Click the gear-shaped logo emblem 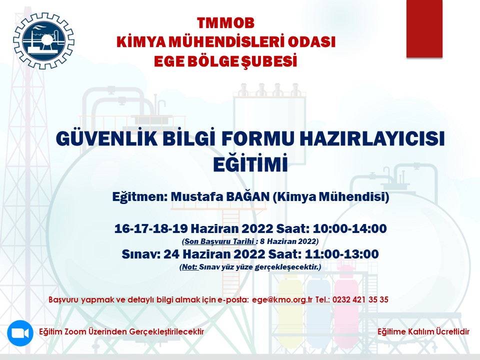click(44, 40)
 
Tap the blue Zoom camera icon click(20, 333)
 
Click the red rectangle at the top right click(424, 28)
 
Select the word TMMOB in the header click(225, 23)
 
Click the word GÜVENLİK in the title click(107, 138)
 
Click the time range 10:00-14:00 click(349, 228)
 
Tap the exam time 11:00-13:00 click(341, 254)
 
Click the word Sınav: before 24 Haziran click(141, 254)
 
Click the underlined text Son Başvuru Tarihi click(220, 241)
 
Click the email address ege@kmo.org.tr click(282, 299)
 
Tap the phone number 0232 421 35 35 click(360, 299)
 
